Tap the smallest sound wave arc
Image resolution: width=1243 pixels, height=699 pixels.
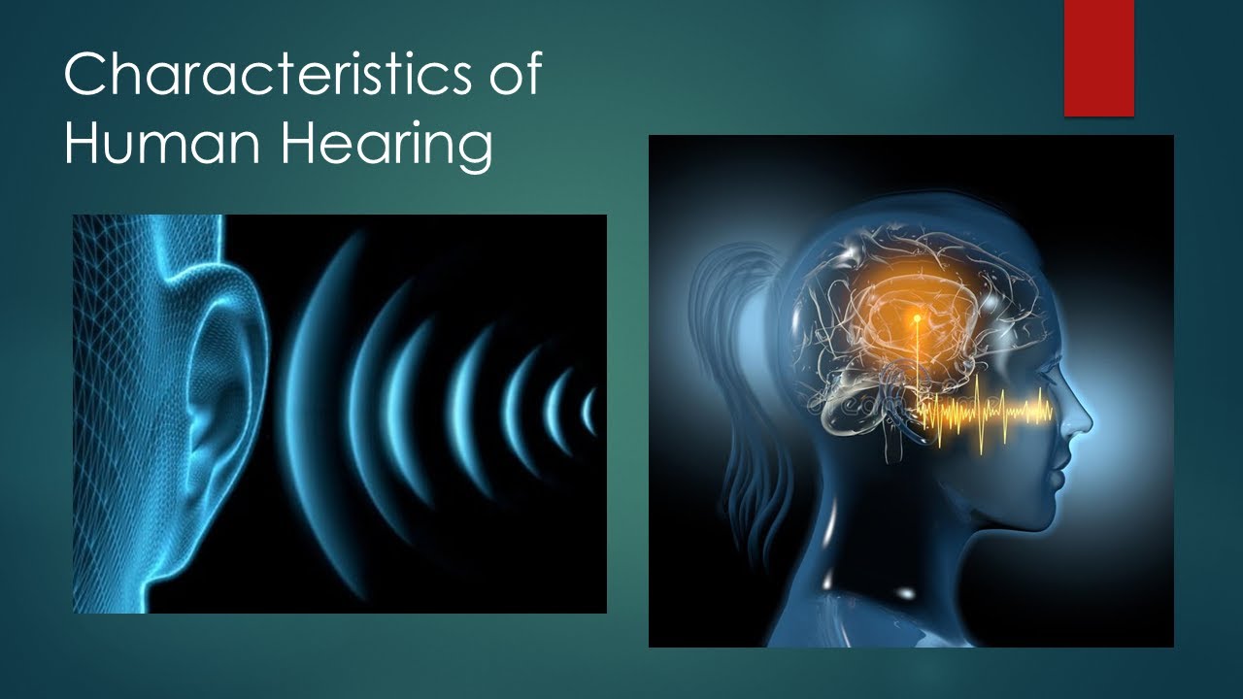588,410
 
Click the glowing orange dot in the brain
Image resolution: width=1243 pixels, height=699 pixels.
916,317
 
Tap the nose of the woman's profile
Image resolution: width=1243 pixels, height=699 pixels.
1081,419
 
